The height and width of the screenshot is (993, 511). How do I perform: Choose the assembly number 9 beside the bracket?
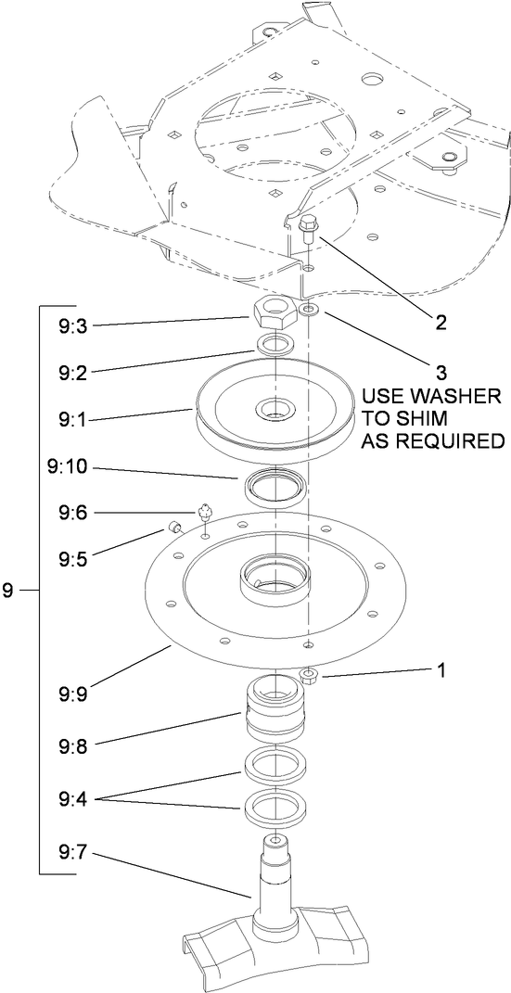(x=7, y=590)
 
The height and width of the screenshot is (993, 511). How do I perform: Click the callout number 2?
(x=441, y=323)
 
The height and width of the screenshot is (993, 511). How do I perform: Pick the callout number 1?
(x=441, y=669)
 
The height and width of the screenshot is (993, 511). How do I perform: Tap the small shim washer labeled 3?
(x=310, y=312)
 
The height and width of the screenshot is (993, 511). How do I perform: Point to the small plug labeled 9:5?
(x=172, y=527)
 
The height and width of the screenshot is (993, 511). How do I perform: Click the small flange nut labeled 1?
(x=310, y=678)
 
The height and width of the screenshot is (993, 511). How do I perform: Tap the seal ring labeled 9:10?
(x=275, y=486)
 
